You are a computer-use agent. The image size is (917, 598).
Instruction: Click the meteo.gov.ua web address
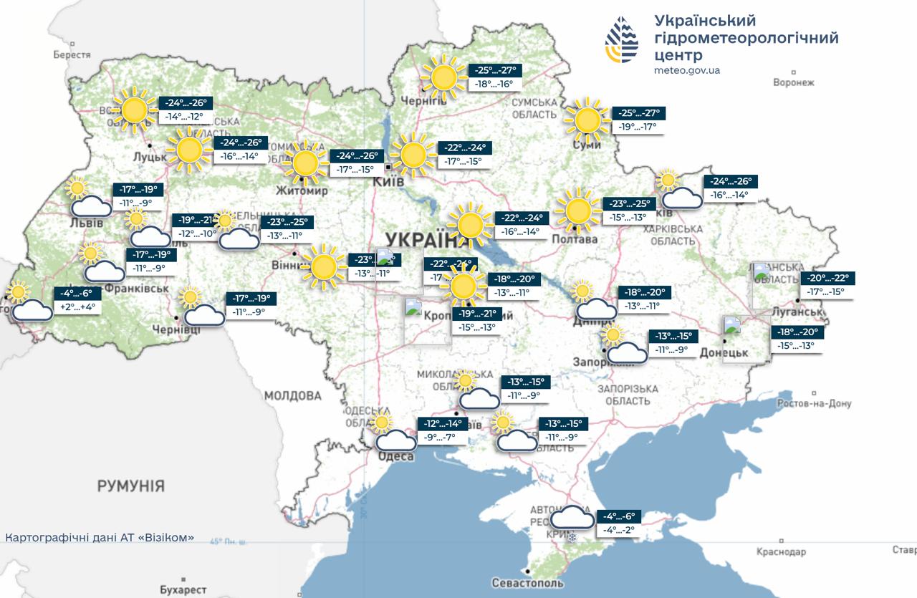(x=686, y=70)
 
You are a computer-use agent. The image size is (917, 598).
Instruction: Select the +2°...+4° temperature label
(x=78, y=307)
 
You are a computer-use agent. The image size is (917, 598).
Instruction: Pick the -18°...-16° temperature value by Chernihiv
(x=494, y=84)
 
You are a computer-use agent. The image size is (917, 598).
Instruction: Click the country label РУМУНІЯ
(x=130, y=486)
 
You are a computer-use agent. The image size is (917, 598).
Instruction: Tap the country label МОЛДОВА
(x=292, y=395)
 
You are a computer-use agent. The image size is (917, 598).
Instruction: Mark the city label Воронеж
(x=794, y=82)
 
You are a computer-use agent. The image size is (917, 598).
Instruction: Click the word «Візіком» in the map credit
(x=168, y=536)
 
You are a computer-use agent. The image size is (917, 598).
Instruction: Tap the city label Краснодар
(x=781, y=552)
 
